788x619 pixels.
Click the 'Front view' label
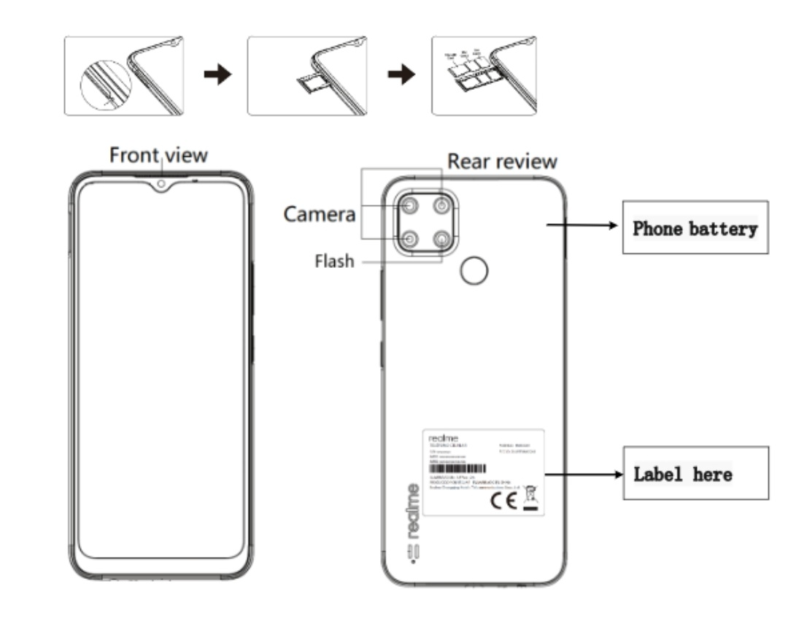point(158,155)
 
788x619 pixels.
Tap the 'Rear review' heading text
point(502,161)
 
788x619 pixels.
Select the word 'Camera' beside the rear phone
point(320,215)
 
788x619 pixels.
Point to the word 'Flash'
point(334,261)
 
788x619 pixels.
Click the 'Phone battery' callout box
point(695,228)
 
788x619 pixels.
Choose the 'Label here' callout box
point(695,474)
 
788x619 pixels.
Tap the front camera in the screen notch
point(160,183)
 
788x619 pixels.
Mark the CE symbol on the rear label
point(504,501)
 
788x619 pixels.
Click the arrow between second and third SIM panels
point(401,75)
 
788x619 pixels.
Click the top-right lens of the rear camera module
point(441,207)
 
